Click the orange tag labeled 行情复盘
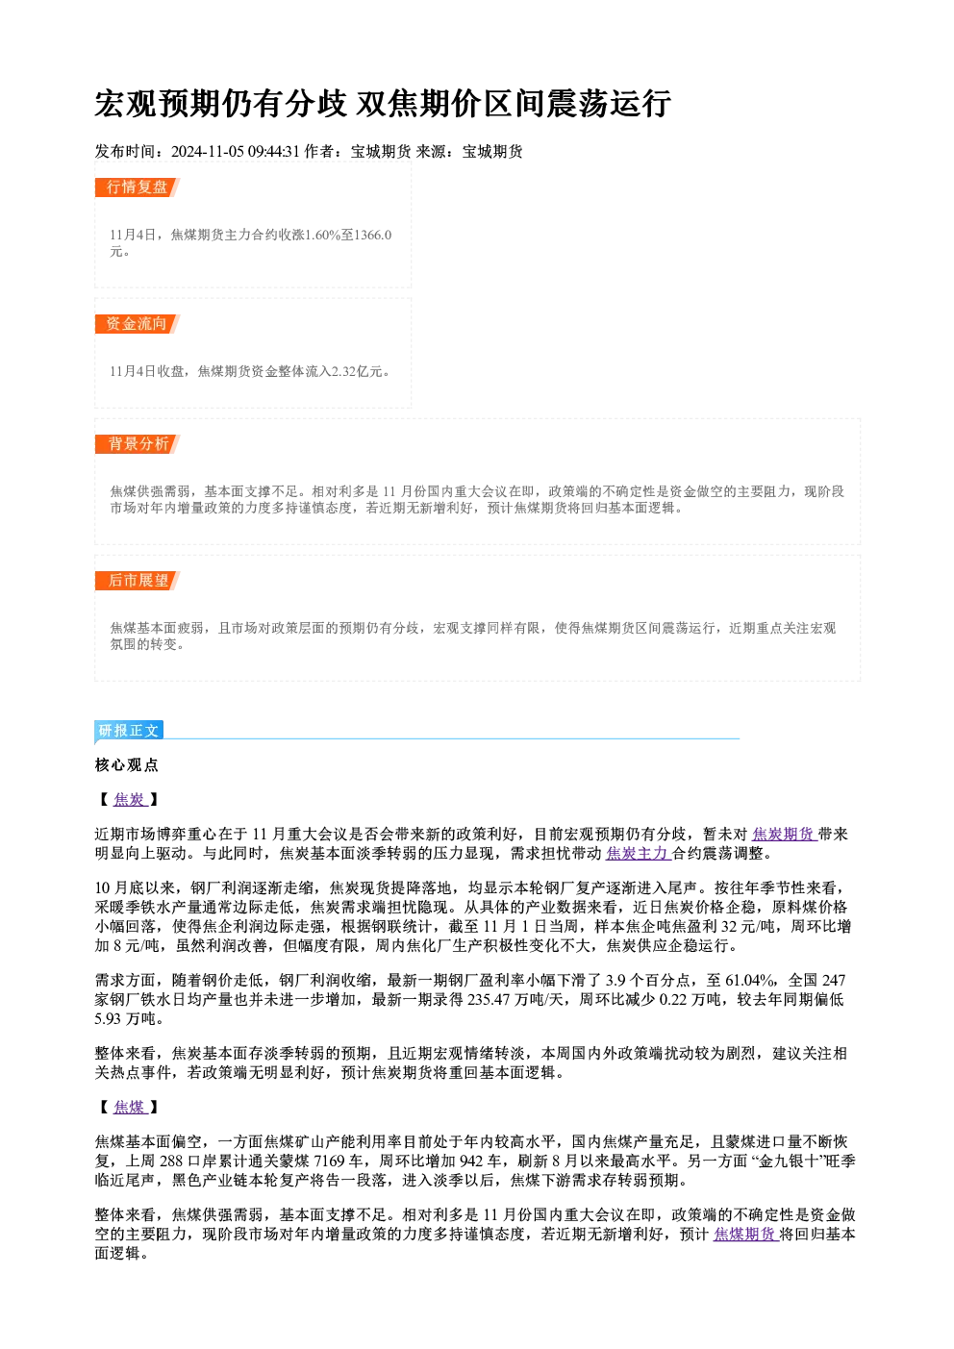(x=137, y=187)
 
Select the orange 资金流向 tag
(x=137, y=324)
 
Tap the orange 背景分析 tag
(x=137, y=444)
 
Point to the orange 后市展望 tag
(x=137, y=581)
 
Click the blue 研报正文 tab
(x=129, y=731)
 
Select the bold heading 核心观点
(x=127, y=765)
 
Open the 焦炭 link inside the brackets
(x=130, y=800)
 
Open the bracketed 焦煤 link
(x=130, y=1107)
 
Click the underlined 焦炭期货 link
(x=784, y=834)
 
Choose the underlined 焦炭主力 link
(x=638, y=854)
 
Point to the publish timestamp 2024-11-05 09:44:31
(x=236, y=151)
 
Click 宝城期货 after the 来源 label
(x=492, y=151)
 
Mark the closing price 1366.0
(x=373, y=235)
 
